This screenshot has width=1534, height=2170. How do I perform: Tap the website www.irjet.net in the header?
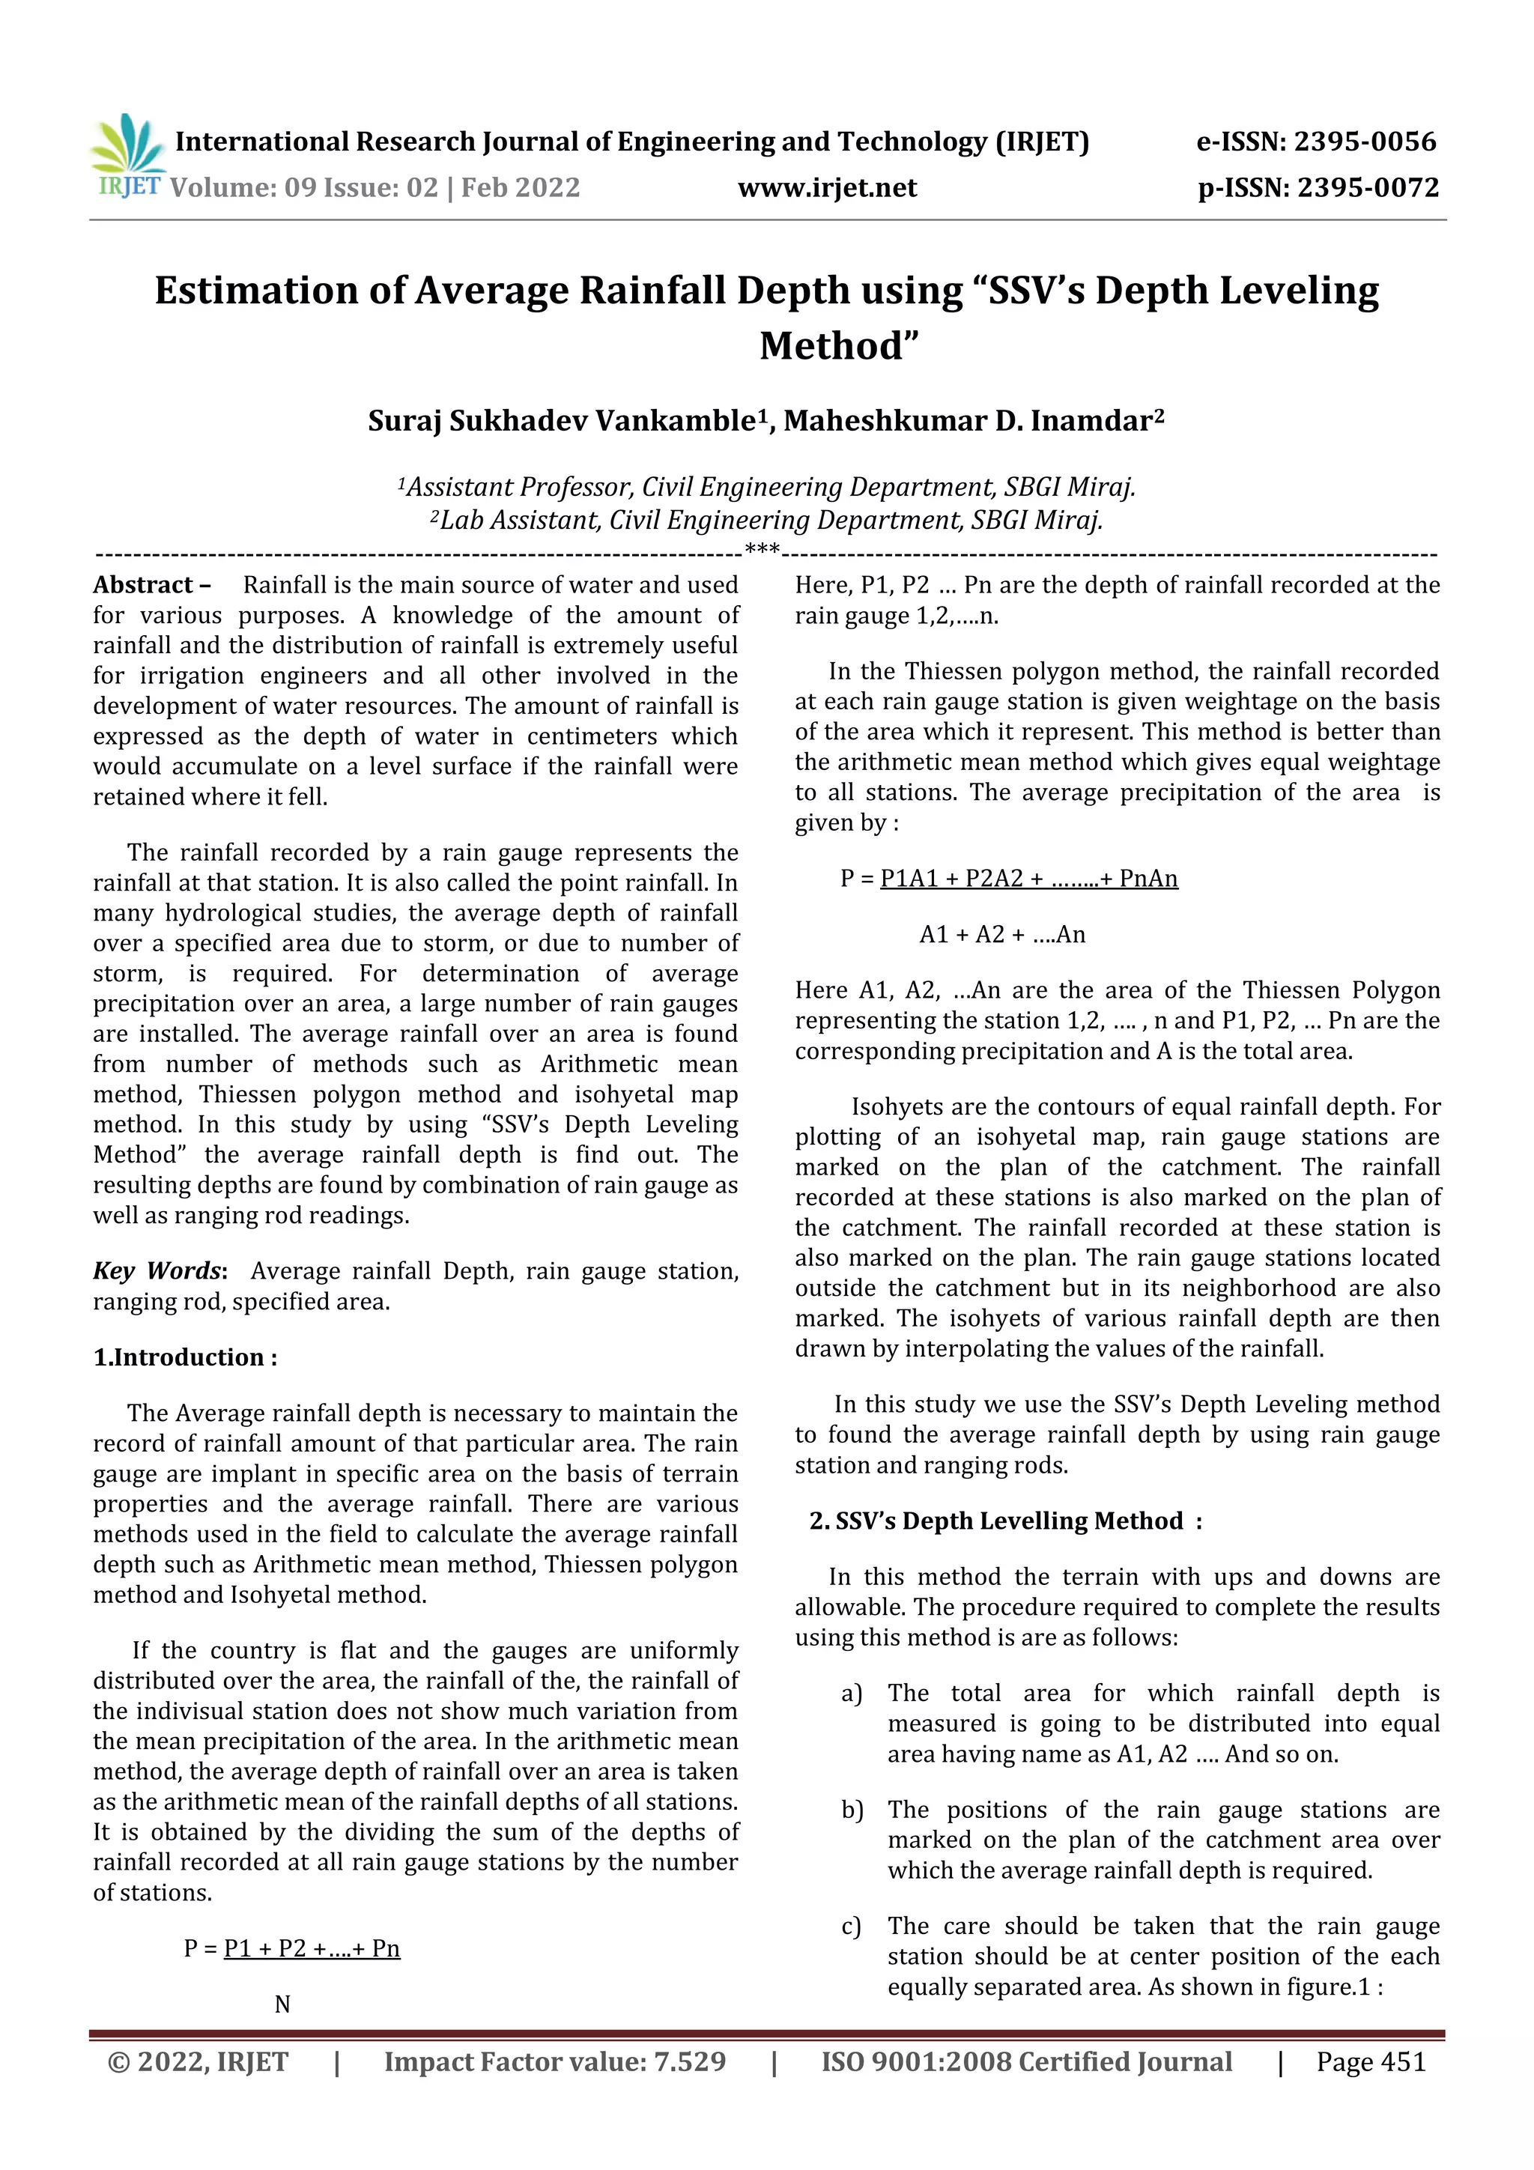(827, 187)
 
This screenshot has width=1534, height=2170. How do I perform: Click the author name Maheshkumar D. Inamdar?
(974, 420)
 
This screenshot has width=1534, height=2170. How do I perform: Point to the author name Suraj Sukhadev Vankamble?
(563, 420)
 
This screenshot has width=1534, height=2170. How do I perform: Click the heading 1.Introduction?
(184, 1357)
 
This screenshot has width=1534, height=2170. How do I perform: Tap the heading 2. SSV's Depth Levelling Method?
(1004, 1521)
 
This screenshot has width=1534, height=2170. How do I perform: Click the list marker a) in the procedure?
(852, 1694)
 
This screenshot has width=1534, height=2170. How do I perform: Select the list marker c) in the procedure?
(852, 1926)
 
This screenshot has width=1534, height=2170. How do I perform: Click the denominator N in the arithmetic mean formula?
(282, 2004)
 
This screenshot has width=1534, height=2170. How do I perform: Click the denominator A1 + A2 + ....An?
(1002, 935)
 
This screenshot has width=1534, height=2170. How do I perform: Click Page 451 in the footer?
(1371, 2062)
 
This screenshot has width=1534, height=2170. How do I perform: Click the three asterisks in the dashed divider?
(762, 549)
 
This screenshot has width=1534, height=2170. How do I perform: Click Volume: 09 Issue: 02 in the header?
(303, 187)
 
